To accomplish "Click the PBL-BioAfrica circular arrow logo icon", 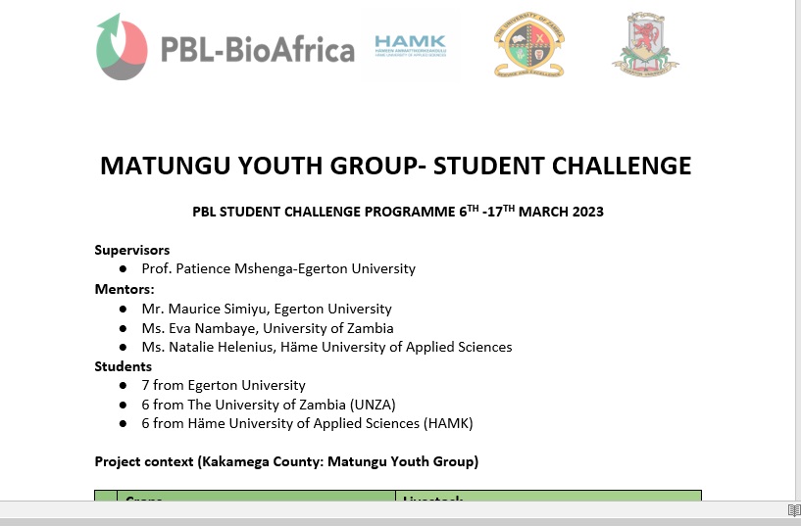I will tap(123, 47).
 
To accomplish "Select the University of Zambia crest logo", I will tap(529, 45).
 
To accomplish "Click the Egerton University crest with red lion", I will tap(645, 45).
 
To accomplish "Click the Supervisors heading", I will tap(132, 250).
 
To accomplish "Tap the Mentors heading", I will tap(125, 289).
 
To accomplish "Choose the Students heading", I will tap(124, 366).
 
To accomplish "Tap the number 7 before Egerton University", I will tap(145, 385).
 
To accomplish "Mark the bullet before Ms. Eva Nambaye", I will tap(123, 328).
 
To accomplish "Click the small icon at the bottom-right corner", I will tap(793, 510).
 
